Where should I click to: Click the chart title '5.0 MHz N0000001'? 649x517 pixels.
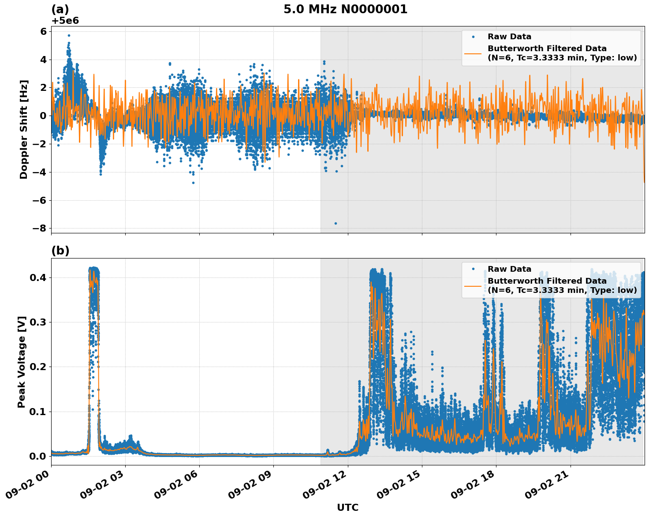pos(345,9)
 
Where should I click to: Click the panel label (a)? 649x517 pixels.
pos(60,9)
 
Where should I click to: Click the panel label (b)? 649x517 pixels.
pos(60,251)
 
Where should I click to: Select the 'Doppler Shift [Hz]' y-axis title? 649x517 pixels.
pos(24,129)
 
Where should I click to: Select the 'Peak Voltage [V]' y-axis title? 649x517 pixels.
pos(22,362)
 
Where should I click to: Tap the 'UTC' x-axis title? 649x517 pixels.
pos(347,507)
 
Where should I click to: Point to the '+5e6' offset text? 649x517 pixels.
pos(65,21)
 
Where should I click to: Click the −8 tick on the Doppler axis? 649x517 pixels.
pos(41,229)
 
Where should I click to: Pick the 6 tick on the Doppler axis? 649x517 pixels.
pos(44,31)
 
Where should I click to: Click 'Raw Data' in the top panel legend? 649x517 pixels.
pos(509,37)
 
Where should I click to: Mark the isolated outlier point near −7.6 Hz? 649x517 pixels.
pos(336,223)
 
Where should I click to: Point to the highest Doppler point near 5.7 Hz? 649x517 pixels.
pos(69,35)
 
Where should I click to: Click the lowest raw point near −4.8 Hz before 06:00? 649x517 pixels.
pos(193,183)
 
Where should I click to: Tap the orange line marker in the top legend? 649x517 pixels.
pos(473,53)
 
